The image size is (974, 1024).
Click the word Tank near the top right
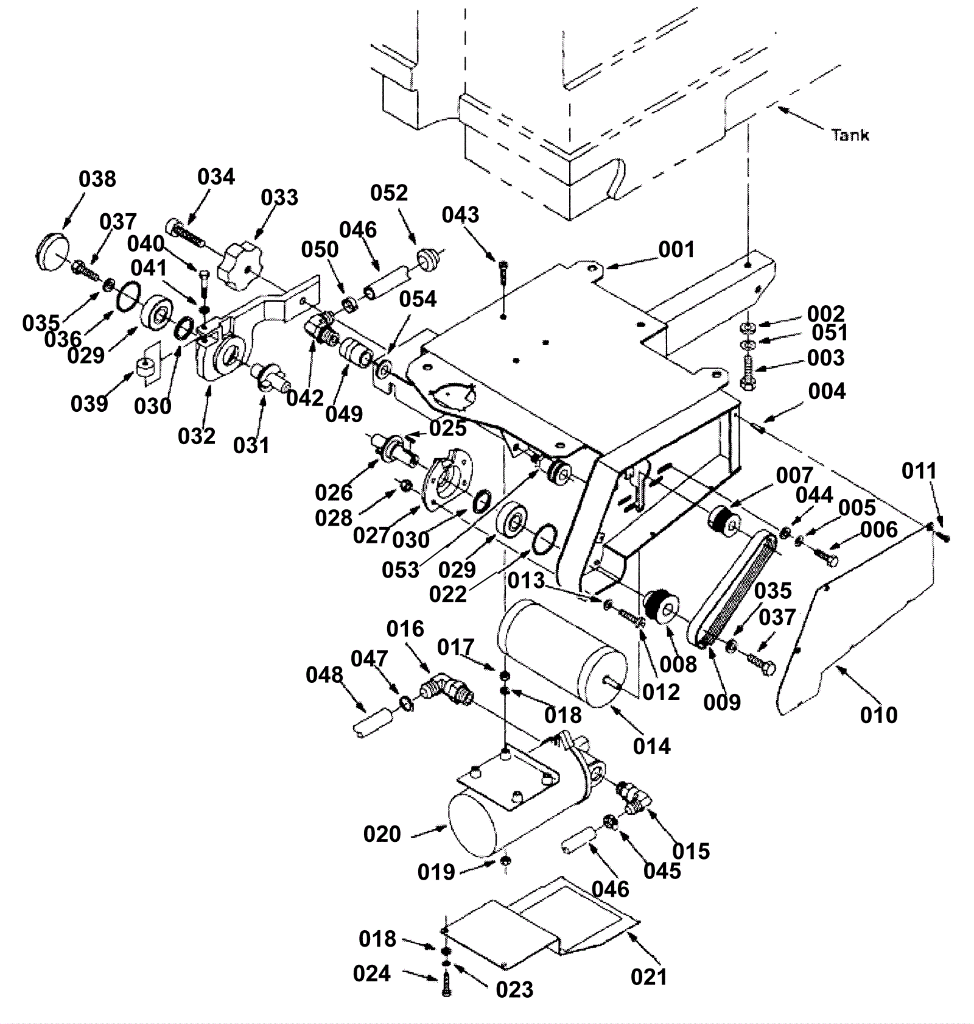(850, 135)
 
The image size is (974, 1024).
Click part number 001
(676, 249)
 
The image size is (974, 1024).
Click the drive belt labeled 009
(736, 588)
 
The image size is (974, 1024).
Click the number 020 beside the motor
(382, 833)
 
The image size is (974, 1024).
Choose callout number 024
(371, 973)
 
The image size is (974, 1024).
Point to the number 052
(389, 192)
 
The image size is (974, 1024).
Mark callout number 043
(460, 214)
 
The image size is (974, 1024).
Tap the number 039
(89, 403)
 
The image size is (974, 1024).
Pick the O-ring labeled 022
(545, 538)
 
